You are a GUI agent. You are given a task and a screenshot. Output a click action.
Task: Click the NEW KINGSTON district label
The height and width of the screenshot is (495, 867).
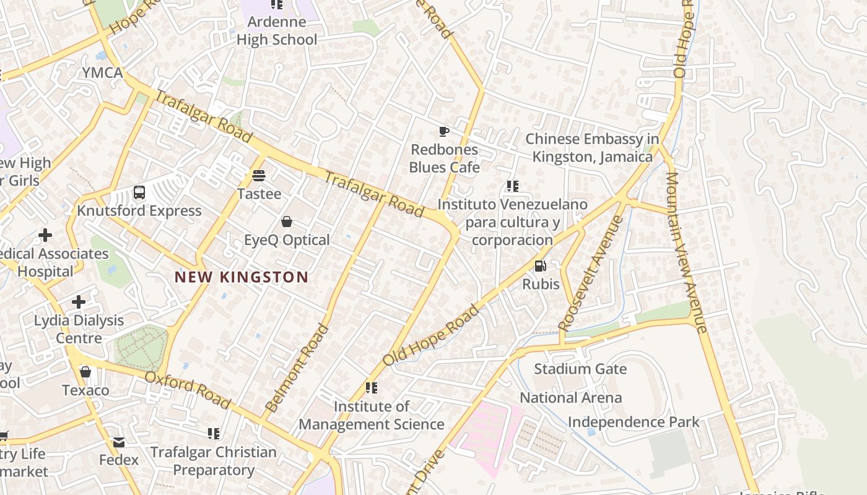click(x=241, y=277)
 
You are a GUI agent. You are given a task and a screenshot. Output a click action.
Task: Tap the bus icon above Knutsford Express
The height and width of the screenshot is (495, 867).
click(x=139, y=192)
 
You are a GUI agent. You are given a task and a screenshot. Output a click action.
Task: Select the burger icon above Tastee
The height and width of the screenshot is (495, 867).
click(x=259, y=176)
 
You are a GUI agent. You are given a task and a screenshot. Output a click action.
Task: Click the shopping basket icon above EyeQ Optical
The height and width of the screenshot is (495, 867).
click(x=287, y=222)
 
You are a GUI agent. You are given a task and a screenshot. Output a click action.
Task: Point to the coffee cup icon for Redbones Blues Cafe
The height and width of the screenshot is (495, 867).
click(x=444, y=131)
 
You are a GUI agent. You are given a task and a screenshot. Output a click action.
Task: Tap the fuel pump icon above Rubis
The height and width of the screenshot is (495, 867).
click(x=541, y=266)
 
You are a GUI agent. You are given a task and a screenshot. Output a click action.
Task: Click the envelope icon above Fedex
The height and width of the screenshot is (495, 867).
click(x=119, y=442)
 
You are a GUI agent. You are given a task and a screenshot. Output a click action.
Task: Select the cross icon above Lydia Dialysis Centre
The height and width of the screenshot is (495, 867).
click(x=79, y=302)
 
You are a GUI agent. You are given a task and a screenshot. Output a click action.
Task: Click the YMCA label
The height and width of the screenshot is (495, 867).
click(x=103, y=72)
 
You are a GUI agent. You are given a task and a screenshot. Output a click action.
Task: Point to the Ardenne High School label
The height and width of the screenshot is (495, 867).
click(x=276, y=31)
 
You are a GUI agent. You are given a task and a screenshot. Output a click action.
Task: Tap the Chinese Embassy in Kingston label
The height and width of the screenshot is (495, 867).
click(x=588, y=148)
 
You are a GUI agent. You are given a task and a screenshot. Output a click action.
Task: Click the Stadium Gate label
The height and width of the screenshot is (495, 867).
click(x=580, y=369)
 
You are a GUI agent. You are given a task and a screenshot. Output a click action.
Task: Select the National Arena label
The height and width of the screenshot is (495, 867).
click(x=570, y=397)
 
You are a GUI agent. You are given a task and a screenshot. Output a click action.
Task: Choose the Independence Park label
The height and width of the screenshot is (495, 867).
click(x=634, y=422)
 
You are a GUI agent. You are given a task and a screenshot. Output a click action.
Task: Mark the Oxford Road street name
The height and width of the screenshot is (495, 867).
click(x=188, y=390)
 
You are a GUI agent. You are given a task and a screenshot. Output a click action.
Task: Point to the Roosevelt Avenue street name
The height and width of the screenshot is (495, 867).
click(x=590, y=273)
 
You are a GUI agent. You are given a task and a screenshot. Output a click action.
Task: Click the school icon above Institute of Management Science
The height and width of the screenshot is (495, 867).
click(x=372, y=388)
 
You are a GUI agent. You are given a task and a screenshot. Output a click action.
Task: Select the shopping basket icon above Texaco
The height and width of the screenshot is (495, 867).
click(x=85, y=372)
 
